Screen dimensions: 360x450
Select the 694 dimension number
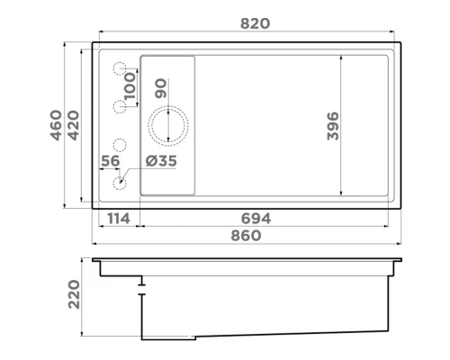click(255, 218)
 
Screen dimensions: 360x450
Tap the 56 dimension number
click(111, 161)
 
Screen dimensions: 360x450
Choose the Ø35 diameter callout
click(160, 162)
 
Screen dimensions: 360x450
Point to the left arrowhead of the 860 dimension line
click(95, 244)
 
